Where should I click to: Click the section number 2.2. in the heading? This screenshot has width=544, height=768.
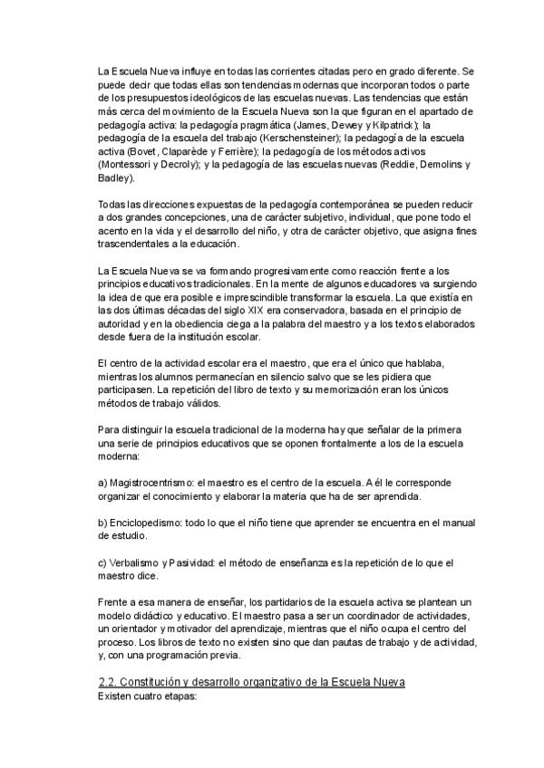coord(110,681)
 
